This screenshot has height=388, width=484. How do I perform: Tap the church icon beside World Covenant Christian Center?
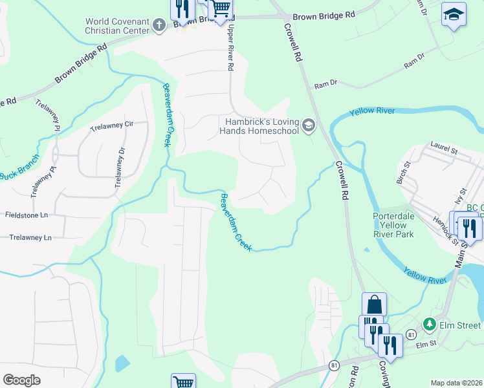(x=159, y=24)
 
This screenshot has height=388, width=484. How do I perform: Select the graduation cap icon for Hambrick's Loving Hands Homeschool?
(x=308, y=125)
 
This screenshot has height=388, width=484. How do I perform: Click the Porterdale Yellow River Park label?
(x=393, y=225)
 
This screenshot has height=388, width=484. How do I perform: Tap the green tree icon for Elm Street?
(x=428, y=323)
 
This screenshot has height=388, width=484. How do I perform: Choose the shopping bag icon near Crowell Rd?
(x=374, y=303)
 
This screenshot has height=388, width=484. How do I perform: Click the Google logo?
(x=21, y=380)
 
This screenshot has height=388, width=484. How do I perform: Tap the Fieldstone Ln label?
(x=27, y=214)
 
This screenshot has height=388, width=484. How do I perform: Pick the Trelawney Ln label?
(x=30, y=237)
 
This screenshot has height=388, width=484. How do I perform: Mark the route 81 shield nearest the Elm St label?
(x=411, y=334)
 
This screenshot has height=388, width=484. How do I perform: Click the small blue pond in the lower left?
(x=122, y=363)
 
